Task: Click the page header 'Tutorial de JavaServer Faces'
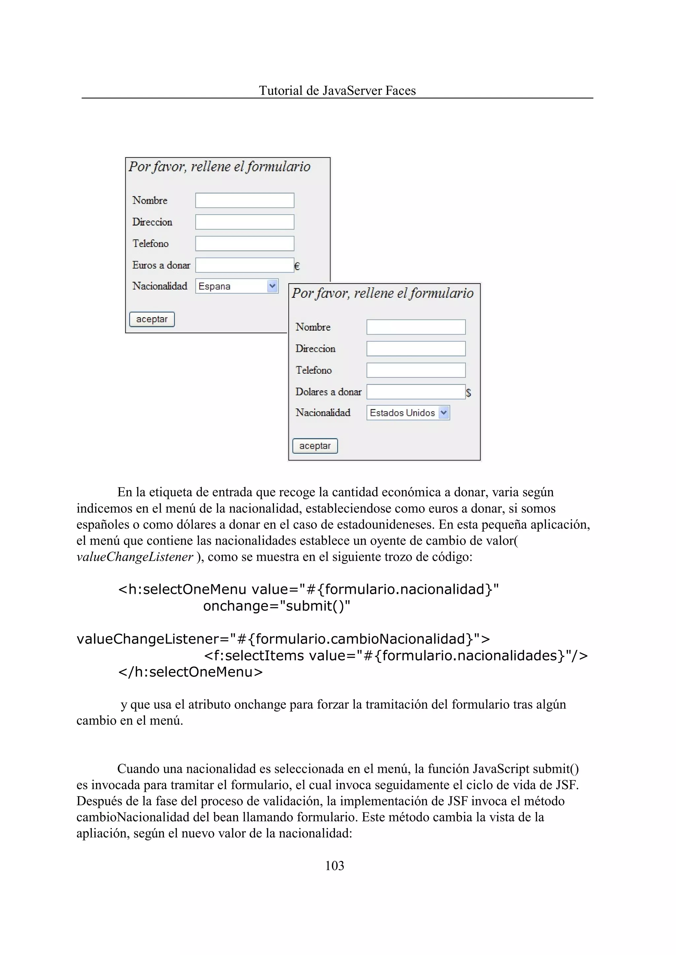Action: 337,90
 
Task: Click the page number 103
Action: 334,866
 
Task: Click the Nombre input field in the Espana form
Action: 245,200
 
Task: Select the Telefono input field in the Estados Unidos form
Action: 416,370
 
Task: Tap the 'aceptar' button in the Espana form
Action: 152,319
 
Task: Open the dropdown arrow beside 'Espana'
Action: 272,286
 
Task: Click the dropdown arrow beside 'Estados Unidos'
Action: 443,413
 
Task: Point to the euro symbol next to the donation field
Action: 297,266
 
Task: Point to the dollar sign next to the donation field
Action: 468,392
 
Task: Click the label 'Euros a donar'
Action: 161,265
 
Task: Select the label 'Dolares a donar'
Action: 328,392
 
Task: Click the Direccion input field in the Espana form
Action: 245,222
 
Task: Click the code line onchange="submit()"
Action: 276,606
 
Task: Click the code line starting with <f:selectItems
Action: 395,655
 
